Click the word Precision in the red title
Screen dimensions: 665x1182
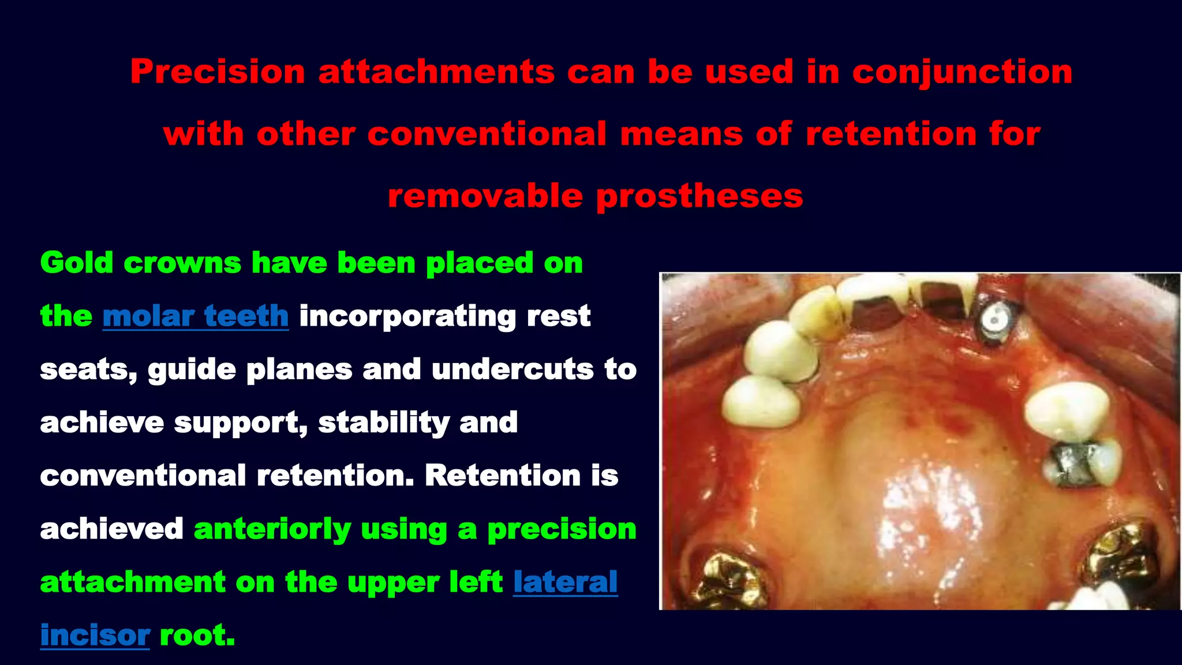pos(217,72)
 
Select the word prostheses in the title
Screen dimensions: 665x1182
pos(699,196)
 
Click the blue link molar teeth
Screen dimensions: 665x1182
pos(195,316)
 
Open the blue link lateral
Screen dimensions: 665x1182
pos(565,582)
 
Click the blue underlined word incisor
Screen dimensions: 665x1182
pos(95,635)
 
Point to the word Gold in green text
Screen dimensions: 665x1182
pos(76,263)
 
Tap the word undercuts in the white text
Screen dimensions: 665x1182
pos(513,369)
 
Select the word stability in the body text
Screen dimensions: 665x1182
pos(384,423)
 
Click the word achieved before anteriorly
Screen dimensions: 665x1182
pos(111,529)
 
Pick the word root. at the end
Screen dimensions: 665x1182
pos(197,635)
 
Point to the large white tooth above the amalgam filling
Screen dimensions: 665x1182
pos(1067,410)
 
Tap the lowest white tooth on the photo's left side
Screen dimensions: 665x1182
pos(761,402)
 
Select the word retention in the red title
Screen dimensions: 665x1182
pos(890,135)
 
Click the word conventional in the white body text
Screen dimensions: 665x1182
pos(143,476)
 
